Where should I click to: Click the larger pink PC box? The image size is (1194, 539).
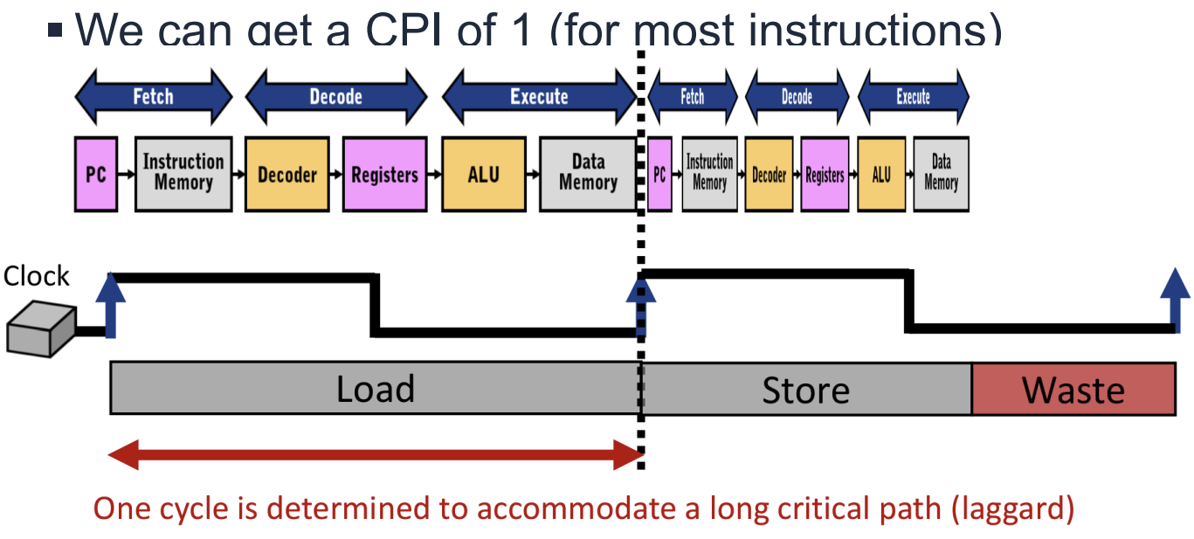tap(95, 173)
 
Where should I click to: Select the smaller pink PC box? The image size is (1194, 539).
tap(659, 174)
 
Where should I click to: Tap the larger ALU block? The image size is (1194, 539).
tap(484, 173)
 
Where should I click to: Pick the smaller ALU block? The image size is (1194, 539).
tap(881, 174)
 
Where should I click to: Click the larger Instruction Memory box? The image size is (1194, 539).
tap(183, 173)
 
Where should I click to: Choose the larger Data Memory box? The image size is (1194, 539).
tap(588, 173)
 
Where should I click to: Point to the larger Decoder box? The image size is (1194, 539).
tap(287, 173)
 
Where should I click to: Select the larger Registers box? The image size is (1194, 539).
tap(385, 173)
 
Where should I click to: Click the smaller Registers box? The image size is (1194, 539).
tap(825, 174)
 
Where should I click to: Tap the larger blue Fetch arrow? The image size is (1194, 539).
tap(154, 96)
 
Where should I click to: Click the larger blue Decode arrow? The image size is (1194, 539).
tap(336, 96)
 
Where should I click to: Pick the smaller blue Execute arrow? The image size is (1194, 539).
tap(913, 97)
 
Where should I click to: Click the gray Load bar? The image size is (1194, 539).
tap(375, 389)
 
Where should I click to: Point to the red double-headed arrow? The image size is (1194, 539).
tap(376, 453)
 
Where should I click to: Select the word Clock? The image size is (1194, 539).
tap(37, 276)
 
